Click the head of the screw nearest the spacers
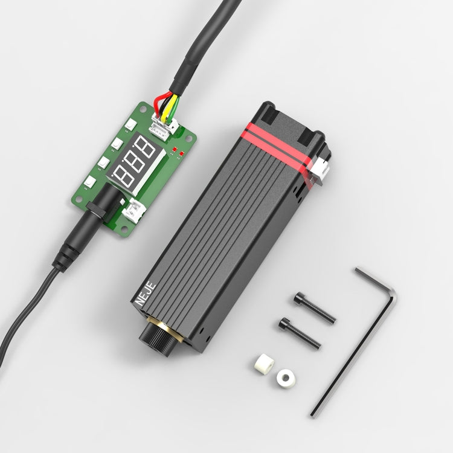click(x=284, y=323)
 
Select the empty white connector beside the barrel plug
click(x=135, y=211)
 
